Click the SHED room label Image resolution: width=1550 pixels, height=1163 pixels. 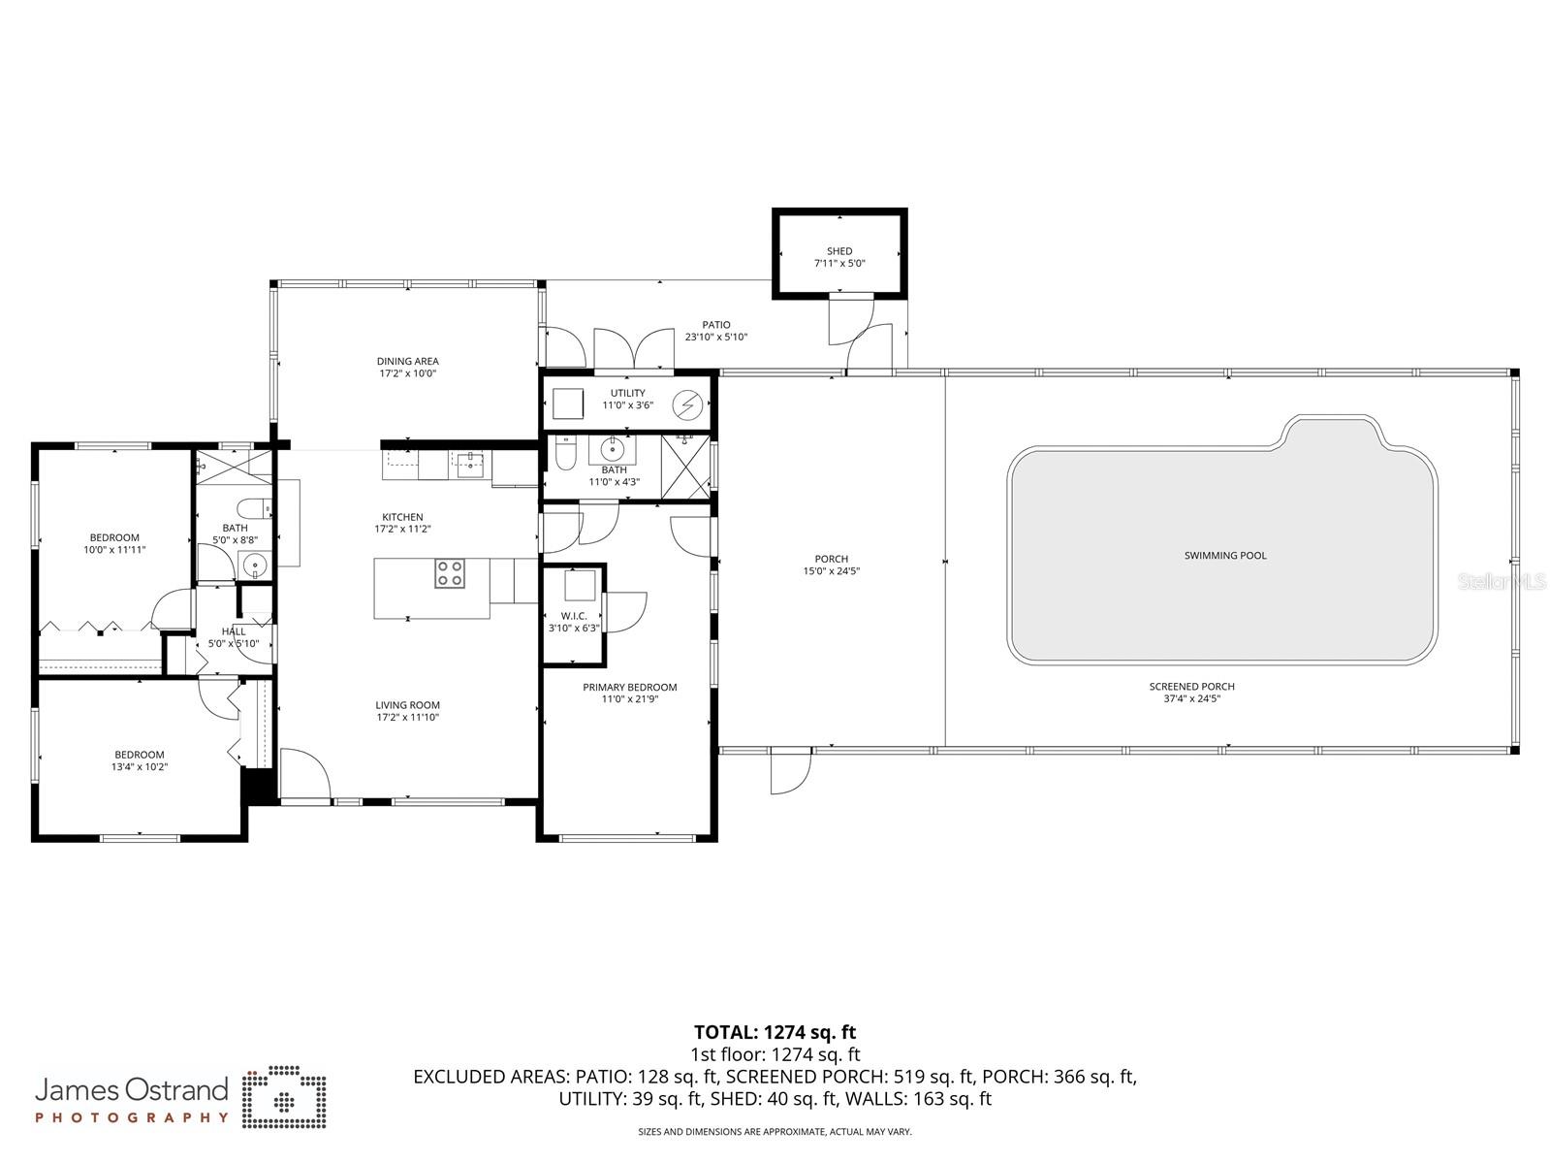(x=839, y=251)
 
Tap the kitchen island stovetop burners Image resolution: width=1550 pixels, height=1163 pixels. (x=449, y=573)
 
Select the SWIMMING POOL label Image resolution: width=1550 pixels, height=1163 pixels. (x=1225, y=556)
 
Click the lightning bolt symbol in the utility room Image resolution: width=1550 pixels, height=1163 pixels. (x=687, y=402)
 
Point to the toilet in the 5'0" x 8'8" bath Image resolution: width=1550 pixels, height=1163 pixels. (x=253, y=508)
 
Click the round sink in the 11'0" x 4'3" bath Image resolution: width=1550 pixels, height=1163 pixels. (x=613, y=449)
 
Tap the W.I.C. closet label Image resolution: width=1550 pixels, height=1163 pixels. (x=573, y=616)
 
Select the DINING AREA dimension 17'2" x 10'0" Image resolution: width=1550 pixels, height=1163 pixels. (x=407, y=373)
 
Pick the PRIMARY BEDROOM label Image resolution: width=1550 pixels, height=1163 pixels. (x=629, y=688)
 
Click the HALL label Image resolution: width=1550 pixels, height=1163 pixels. (x=234, y=631)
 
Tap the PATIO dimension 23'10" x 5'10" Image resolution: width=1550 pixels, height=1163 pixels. (x=716, y=338)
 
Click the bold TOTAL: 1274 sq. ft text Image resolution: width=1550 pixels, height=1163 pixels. (x=775, y=1032)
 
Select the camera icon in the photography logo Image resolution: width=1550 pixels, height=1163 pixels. (x=284, y=1099)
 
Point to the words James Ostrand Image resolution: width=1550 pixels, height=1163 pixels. (x=132, y=1090)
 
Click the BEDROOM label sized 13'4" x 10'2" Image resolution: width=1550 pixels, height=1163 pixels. (x=140, y=755)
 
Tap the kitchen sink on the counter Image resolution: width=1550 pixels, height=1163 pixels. (x=470, y=466)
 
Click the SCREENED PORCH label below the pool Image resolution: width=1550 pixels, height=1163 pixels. (x=1191, y=687)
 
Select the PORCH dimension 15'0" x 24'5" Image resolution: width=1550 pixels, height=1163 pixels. (x=831, y=571)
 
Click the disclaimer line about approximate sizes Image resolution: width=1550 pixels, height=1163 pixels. (x=775, y=1132)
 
